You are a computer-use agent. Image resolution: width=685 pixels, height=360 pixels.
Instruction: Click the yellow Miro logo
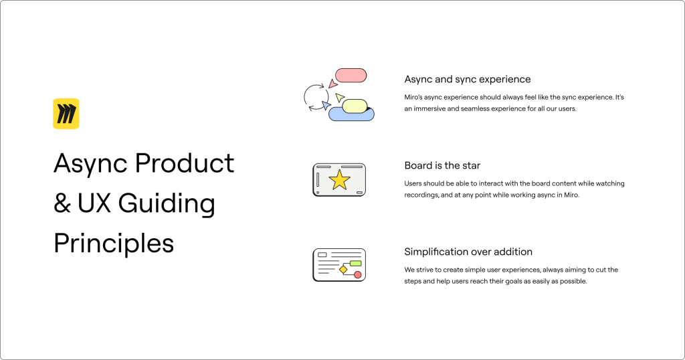[x=66, y=114]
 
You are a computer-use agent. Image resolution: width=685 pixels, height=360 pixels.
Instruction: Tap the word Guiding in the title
[x=167, y=203]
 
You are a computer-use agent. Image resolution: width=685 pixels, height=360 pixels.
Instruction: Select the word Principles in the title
[x=114, y=244]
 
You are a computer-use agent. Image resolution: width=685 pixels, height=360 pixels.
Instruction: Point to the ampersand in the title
[x=62, y=203]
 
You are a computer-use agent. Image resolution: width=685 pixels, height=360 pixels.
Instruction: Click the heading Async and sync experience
[x=468, y=79]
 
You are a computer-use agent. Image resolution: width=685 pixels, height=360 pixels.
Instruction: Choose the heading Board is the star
[x=442, y=165]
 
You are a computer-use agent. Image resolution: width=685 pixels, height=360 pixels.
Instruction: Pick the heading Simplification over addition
[x=468, y=252]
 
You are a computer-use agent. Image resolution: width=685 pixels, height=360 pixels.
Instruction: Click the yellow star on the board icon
[x=339, y=180]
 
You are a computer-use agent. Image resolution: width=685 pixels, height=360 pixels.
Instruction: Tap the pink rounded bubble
[x=351, y=75]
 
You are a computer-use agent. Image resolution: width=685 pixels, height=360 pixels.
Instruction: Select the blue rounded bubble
[x=351, y=114]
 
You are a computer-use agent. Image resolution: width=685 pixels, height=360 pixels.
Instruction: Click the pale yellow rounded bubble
[x=355, y=106]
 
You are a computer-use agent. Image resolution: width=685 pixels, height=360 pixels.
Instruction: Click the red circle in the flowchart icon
[x=358, y=274]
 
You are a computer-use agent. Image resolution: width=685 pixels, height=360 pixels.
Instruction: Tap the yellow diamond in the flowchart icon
[x=343, y=270]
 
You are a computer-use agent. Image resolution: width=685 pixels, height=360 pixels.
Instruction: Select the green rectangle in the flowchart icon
[x=356, y=264]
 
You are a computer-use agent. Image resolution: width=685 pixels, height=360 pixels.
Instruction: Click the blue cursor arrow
[x=326, y=105]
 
